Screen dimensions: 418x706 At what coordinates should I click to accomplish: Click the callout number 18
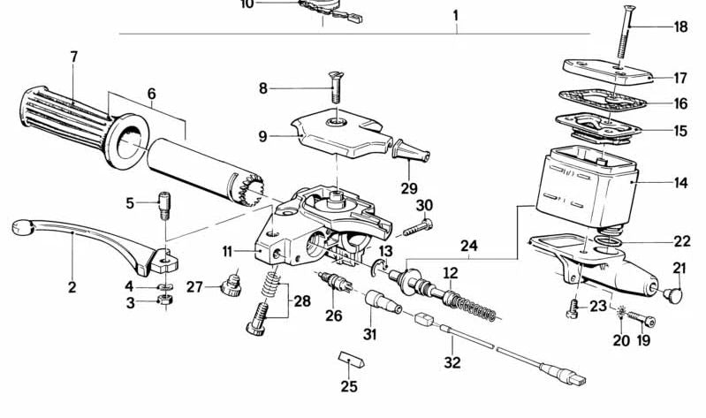click(679, 27)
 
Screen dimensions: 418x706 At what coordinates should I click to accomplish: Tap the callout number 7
click(74, 57)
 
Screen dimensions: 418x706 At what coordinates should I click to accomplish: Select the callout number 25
click(349, 386)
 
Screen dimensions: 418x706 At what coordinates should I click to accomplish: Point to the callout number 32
click(452, 361)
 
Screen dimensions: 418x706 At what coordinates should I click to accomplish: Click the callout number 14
click(679, 184)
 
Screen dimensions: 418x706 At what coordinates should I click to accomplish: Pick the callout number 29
click(407, 188)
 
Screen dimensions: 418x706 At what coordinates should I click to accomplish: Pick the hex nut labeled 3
click(164, 302)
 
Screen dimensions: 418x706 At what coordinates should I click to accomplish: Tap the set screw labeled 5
click(163, 208)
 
